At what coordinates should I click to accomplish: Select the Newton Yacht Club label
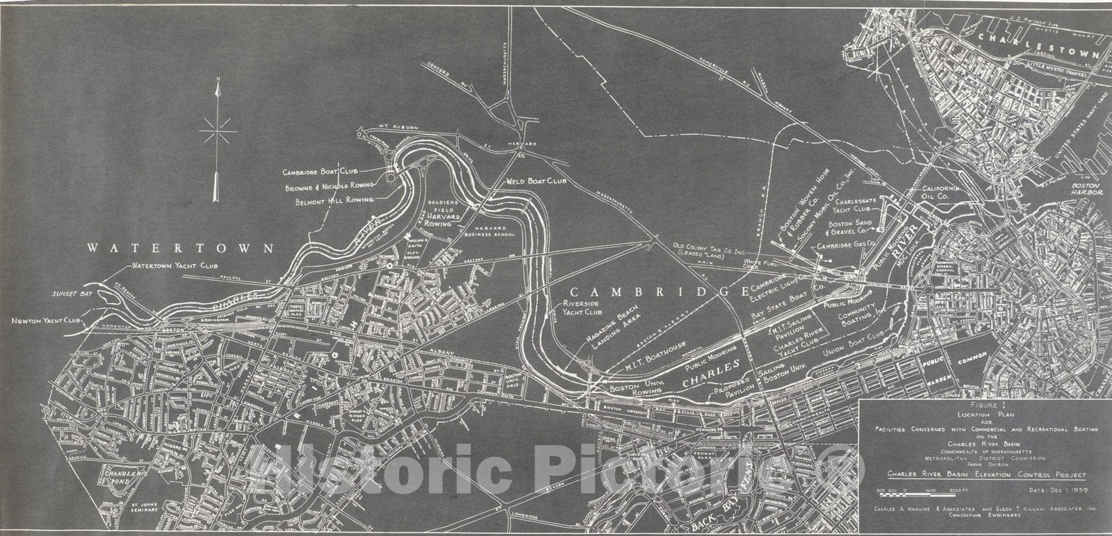click(47, 321)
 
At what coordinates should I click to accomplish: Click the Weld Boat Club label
click(537, 182)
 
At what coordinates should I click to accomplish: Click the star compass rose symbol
click(218, 130)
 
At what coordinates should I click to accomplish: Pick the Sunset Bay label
click(70, 294)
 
